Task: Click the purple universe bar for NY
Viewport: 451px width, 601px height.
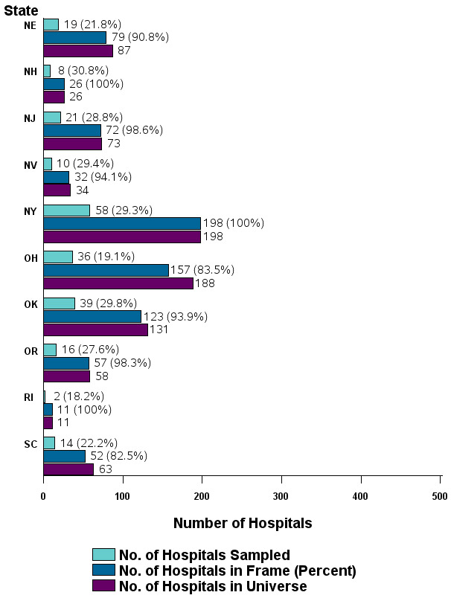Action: pos(122,237)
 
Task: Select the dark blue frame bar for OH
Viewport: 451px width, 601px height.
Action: pos(106,270)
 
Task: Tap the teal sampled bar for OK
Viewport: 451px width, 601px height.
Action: pos(59,303)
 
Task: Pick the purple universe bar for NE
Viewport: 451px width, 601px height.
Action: pos(78,51)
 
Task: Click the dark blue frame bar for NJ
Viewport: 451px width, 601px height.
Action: pos(72,130)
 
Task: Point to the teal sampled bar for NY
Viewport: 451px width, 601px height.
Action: pos(66,210)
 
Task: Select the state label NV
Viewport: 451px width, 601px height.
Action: pos(30,164)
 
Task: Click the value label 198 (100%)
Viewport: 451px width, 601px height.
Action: pos(234,223)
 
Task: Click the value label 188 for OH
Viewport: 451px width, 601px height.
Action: pos(208,283)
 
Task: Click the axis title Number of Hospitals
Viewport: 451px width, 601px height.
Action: pos(243,523)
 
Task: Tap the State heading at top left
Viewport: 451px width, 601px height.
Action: pos(22,10)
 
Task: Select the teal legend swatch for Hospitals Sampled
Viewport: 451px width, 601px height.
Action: pos(103,555)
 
